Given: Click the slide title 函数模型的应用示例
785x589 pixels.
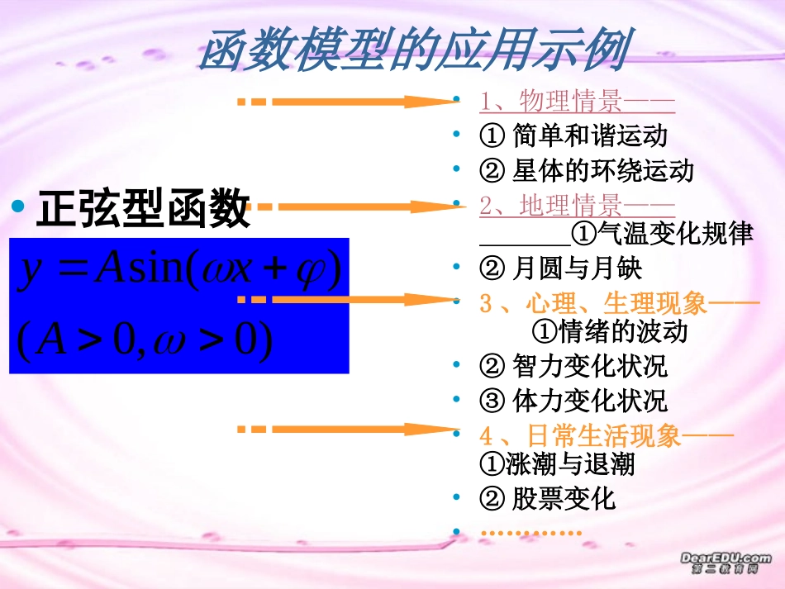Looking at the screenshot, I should pos(413,51).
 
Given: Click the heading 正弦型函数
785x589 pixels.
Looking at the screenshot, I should pos(142,209).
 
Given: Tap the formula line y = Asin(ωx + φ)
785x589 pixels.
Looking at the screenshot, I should pos(180,272).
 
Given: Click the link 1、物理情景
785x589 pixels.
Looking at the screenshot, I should pos(577,102).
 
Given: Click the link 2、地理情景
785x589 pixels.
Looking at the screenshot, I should pos(577,205).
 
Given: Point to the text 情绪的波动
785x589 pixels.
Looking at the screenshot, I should pos(610,332).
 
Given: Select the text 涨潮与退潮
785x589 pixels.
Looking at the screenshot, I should pos(557,464).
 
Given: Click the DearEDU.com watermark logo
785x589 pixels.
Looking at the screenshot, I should pos(726,563).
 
